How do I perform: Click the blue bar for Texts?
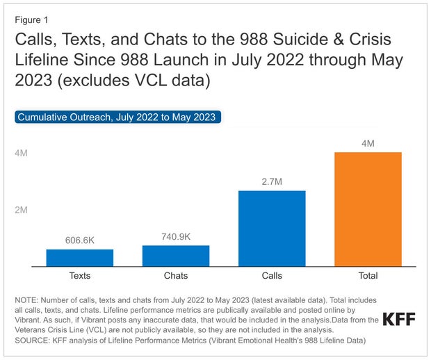click(80, 257)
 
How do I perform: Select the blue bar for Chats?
click(176, 255)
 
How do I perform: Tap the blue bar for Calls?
click(272, 228)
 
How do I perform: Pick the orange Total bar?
click(368, 208)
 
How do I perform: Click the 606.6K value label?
click(80, 240)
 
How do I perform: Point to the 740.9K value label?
click(176, 236)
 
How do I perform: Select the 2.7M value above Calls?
click(272, 181)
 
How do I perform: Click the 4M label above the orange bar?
click(368, 143)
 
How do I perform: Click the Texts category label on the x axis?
click(80, 276)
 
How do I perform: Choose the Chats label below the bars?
click(176, 276)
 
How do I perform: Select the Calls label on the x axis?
click(272, 276)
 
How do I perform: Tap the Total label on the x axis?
click(368, 276)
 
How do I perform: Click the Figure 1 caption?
click(33, 19)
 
